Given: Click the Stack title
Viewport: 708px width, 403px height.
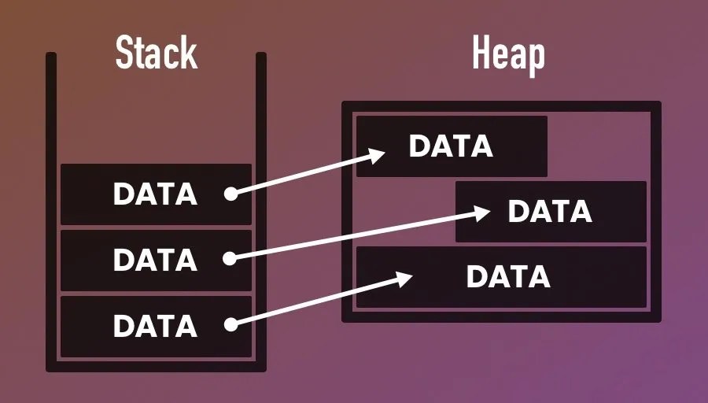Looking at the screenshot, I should point(156,54).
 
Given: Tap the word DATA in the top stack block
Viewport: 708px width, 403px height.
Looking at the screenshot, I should point(155,194).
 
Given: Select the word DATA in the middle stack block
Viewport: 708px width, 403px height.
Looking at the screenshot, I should point(155,259).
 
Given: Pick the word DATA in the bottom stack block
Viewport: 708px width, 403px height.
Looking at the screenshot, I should point(155,324).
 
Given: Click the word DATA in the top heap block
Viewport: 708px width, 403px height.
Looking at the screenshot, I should point(451,146).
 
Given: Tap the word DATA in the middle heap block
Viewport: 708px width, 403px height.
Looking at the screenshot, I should point(550,211).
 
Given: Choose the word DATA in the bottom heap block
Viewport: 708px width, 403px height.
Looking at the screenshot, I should point(508,276).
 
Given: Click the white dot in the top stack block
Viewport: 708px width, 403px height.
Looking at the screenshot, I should point(230,194).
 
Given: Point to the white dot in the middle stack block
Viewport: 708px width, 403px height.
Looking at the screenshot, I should point(230,258).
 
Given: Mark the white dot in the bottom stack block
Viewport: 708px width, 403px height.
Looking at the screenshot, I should point(230,324).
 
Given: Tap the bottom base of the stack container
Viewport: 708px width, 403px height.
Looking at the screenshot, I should point(156,366).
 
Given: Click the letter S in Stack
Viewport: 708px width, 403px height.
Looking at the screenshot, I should point(124,54).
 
